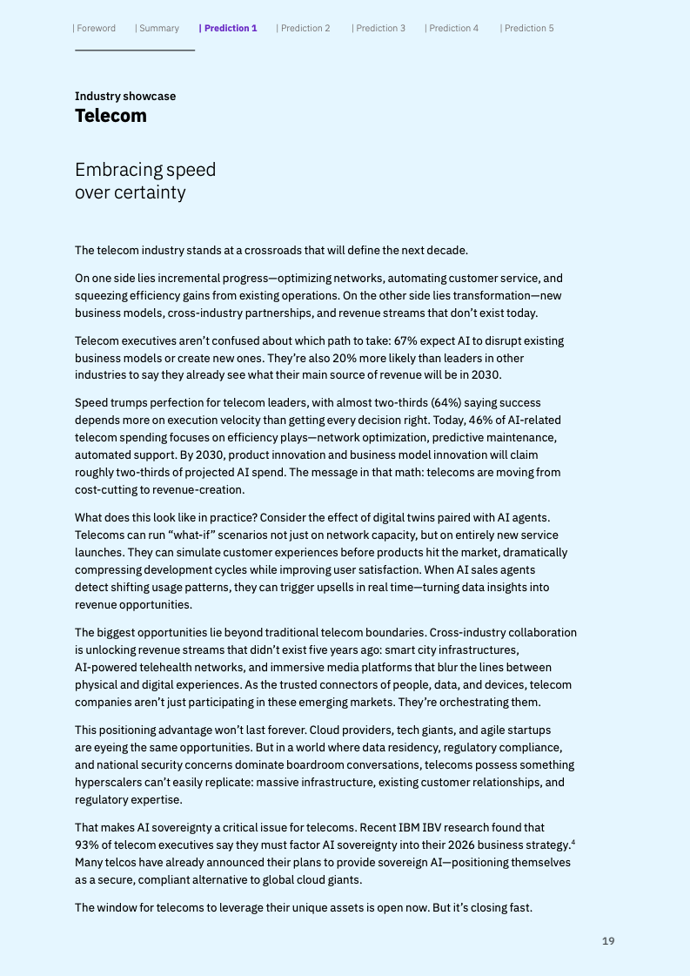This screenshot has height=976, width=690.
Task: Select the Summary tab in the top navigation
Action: click(157, 28)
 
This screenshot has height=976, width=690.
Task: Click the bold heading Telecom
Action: click(111, 116)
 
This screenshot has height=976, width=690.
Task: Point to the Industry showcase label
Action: click(125, 96)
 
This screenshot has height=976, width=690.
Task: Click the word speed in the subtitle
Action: click(191, 169)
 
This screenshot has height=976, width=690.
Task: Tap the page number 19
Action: click(608, 941)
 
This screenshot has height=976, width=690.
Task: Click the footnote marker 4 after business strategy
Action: click(573, 841)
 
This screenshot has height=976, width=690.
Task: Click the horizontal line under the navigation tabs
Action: click(135, 50)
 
